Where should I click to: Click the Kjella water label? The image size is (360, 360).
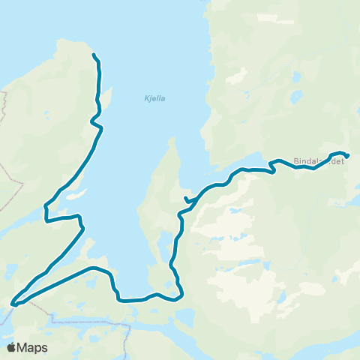tap(154, 97)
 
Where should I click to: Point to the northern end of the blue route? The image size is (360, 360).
tap(93, 55)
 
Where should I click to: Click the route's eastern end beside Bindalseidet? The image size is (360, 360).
tap(349, 156)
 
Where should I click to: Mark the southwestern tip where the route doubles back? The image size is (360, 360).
tap(13, 304)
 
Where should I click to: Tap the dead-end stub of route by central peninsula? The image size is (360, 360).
tap(184, 198)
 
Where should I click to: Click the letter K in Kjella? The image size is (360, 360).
tap(145, 97)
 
